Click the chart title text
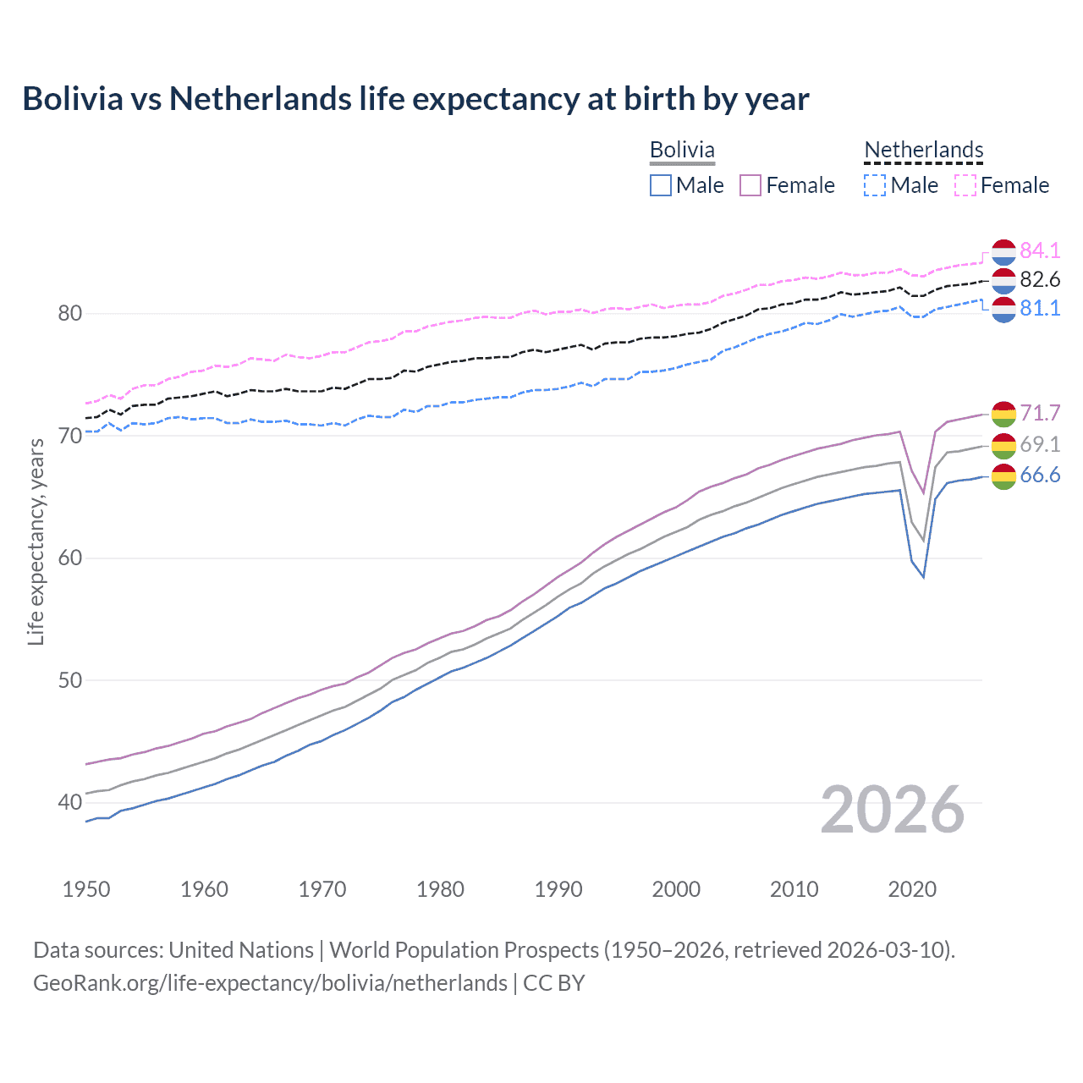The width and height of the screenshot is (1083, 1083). (415, 99)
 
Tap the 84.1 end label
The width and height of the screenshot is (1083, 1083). (1040, 250)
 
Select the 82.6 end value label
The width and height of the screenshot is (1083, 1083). (1040, 279)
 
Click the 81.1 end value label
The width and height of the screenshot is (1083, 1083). (1040, 308)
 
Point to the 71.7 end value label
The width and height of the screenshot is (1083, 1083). (1040, 413)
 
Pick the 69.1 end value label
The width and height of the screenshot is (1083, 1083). (1040, 444)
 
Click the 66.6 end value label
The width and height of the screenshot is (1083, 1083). (1040, 476)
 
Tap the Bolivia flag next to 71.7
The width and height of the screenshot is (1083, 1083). (1003, 414)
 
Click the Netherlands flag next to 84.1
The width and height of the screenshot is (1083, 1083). (1003, 252)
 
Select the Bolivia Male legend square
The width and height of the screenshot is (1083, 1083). (661, 185)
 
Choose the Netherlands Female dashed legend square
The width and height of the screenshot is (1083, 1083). (965, 185)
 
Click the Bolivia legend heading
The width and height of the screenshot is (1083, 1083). (682, 150)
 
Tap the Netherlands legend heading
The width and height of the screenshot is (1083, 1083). (924, 150)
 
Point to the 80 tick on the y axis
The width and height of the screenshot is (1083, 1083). (70, 313)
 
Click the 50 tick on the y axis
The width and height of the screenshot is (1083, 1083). (70, 680)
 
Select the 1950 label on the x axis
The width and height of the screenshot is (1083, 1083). (86, 889)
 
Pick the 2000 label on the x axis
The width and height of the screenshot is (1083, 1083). (676, 889)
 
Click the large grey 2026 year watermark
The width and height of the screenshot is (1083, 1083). (892, 810)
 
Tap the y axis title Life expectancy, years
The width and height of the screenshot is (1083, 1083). (36, 541)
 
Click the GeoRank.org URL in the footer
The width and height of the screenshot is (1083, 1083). (270, 982)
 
